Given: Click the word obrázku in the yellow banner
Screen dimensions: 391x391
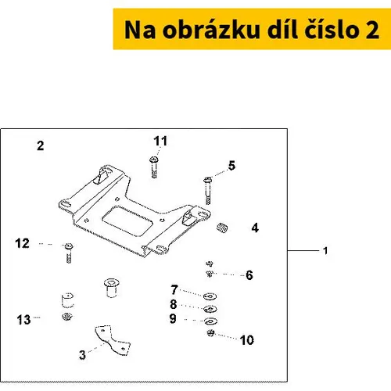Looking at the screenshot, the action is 211,30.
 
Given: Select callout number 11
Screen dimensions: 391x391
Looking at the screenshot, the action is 160,141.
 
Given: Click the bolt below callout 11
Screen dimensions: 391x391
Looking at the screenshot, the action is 154,167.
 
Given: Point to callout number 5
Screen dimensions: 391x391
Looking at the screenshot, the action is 231,166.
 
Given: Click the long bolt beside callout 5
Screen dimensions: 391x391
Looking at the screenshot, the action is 208,191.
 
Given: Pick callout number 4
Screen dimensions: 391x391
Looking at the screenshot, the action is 255,228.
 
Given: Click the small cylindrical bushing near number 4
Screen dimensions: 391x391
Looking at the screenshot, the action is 222,228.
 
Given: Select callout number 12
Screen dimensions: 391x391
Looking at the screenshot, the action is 22,243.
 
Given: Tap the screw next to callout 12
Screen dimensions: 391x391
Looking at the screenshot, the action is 69,253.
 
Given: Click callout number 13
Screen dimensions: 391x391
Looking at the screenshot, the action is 23,320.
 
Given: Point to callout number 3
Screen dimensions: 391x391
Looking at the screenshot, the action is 82,355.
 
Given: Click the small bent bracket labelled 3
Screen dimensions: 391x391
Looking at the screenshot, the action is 113,339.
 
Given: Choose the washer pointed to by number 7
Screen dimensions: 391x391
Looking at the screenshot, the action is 210,296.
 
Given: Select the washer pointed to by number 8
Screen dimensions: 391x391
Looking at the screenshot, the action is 210,309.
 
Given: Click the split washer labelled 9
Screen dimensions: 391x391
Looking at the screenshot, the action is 210,321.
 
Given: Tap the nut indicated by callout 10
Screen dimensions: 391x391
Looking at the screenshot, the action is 210,333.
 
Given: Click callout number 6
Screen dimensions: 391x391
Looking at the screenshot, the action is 249,275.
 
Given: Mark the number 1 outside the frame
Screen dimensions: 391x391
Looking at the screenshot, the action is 325,251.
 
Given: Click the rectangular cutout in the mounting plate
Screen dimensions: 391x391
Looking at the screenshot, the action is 127,221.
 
